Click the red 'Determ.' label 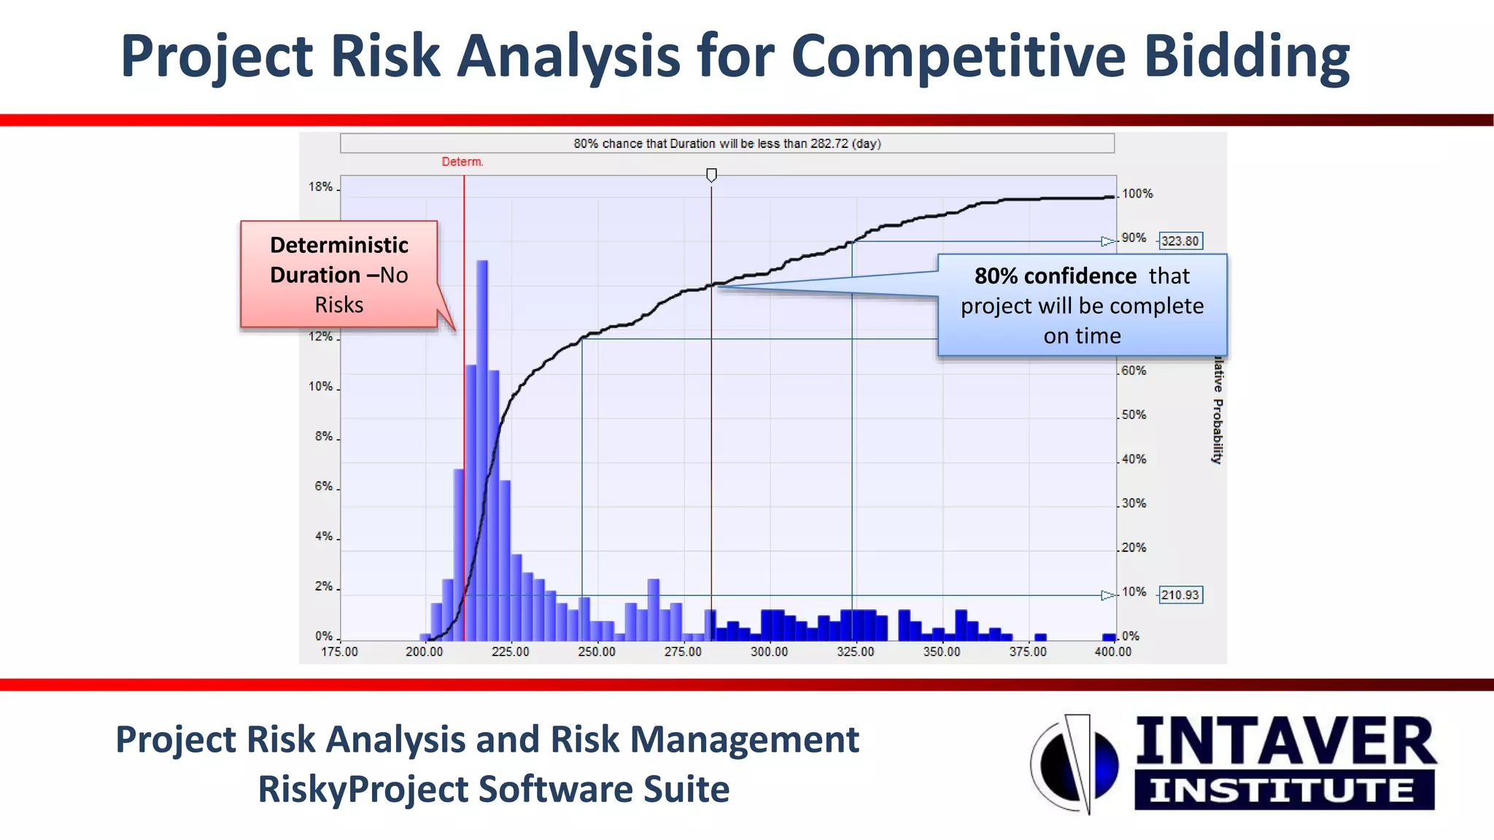click(462, 162)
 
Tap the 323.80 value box click(1180, 241)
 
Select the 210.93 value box click(1180, 595)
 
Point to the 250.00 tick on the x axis click(597, 652)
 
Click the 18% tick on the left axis click(320, 187)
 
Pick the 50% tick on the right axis click(1133, 415)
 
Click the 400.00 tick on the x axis click(1112, 652)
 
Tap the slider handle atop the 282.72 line click(711, 175)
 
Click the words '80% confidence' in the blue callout click(1055, 276)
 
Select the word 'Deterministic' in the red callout click(339, 245)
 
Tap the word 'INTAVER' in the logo click(1285, 742)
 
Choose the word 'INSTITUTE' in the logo click(1283, 790)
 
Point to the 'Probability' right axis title click(1217, 430)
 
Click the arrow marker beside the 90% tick click(1107, 241)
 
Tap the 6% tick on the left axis click(323, 486)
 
